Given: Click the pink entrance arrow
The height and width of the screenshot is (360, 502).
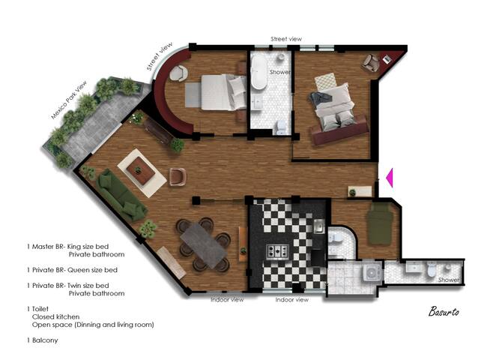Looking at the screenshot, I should coord(389,178).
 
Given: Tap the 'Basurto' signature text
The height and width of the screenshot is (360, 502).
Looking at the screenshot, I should coord(445,310).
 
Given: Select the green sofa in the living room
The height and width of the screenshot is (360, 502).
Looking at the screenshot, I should coord(122,193).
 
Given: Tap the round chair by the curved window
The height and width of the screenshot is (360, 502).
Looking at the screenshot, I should coord(179,73).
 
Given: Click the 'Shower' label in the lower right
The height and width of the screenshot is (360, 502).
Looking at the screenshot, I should coord(449,280).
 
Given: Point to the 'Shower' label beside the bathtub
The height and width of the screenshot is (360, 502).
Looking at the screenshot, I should coord(280,73).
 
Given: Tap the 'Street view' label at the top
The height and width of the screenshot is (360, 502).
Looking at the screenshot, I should coord(286,38).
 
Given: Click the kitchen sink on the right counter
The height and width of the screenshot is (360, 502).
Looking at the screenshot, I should coord(318,226).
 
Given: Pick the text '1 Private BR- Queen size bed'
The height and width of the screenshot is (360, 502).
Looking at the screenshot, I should coord(71,269).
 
